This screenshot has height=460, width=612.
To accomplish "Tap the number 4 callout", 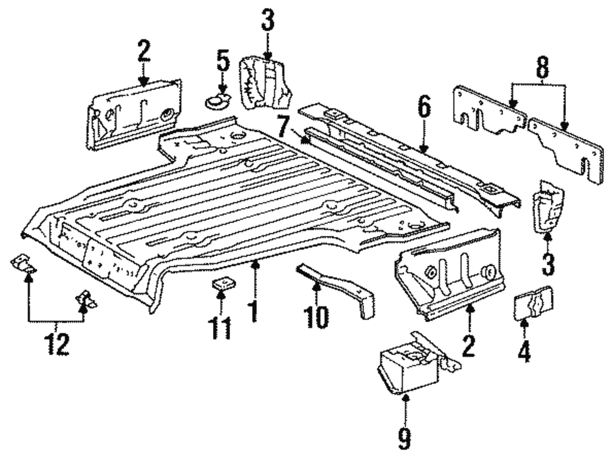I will coord(524,353).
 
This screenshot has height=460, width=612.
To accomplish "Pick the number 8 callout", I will coord(541,69).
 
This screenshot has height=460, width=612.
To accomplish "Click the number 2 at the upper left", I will coord(143,52).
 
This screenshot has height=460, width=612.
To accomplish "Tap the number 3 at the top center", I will coord(267,21).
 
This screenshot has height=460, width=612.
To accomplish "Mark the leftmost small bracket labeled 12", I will coord(24,264).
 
